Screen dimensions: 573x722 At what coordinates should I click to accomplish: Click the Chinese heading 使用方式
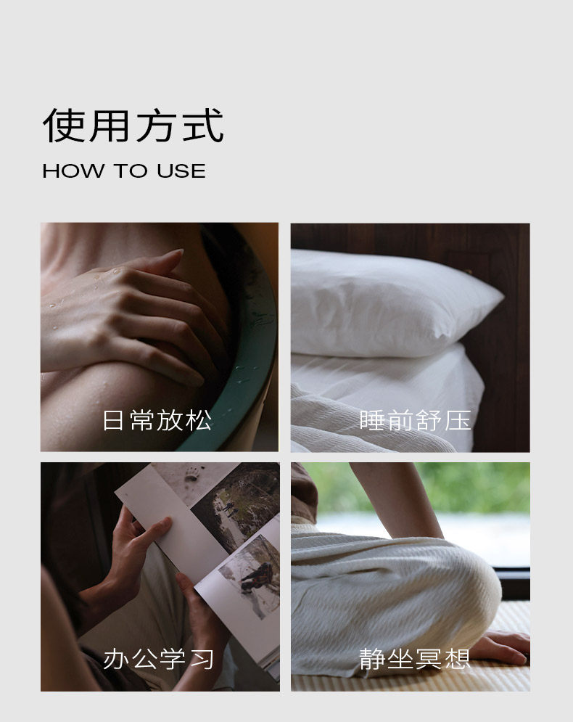pyautogui.click(x=133, y=126)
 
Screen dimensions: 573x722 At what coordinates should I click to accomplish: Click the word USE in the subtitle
pyautogui.click(x=181, y=171)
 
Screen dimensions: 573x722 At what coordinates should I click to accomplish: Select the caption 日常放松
pyautogui.click(x=157, y=420)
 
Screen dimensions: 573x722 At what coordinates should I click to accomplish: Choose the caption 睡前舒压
pyautogui.click(x=415, y=420)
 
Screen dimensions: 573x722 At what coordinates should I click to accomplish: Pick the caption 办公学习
pyautogui.click(x=158, y=658)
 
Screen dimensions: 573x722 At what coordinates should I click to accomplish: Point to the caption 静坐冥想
pyautogui.click(x=414, y=658)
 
